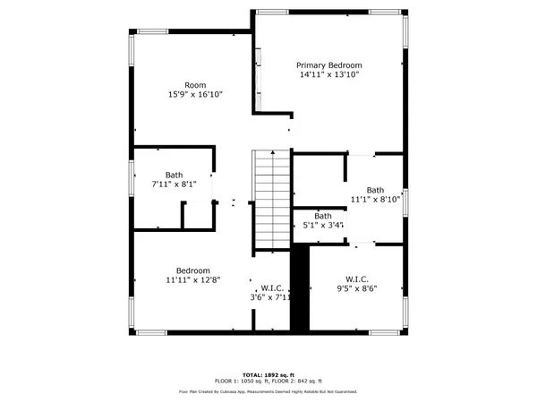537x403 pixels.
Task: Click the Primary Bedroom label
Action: [x=329, y=65]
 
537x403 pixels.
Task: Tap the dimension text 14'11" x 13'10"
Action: [x=329, y=75]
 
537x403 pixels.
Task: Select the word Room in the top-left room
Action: [x=195, y=85]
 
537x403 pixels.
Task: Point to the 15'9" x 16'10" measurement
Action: [x=195, y=95]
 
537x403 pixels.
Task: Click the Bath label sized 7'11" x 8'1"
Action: [x=175, y=175]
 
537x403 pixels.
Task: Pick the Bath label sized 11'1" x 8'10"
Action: [x=374, y=190]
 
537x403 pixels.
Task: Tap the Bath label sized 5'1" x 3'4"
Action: [x=322, y=216]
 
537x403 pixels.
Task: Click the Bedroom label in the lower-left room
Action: [x=192, y=270]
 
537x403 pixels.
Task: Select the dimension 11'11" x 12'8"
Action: [x=192, y=280]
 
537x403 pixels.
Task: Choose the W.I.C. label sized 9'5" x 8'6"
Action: [x=355, y=279]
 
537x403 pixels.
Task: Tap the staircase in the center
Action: [x=271, y=199]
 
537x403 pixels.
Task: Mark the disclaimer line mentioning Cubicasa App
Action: [x=268, y=391]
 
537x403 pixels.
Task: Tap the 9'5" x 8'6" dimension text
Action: [x=355, y=289]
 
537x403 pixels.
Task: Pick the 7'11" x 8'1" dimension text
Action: [x=175, y=184]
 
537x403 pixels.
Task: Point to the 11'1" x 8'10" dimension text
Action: [x=374, y=200]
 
